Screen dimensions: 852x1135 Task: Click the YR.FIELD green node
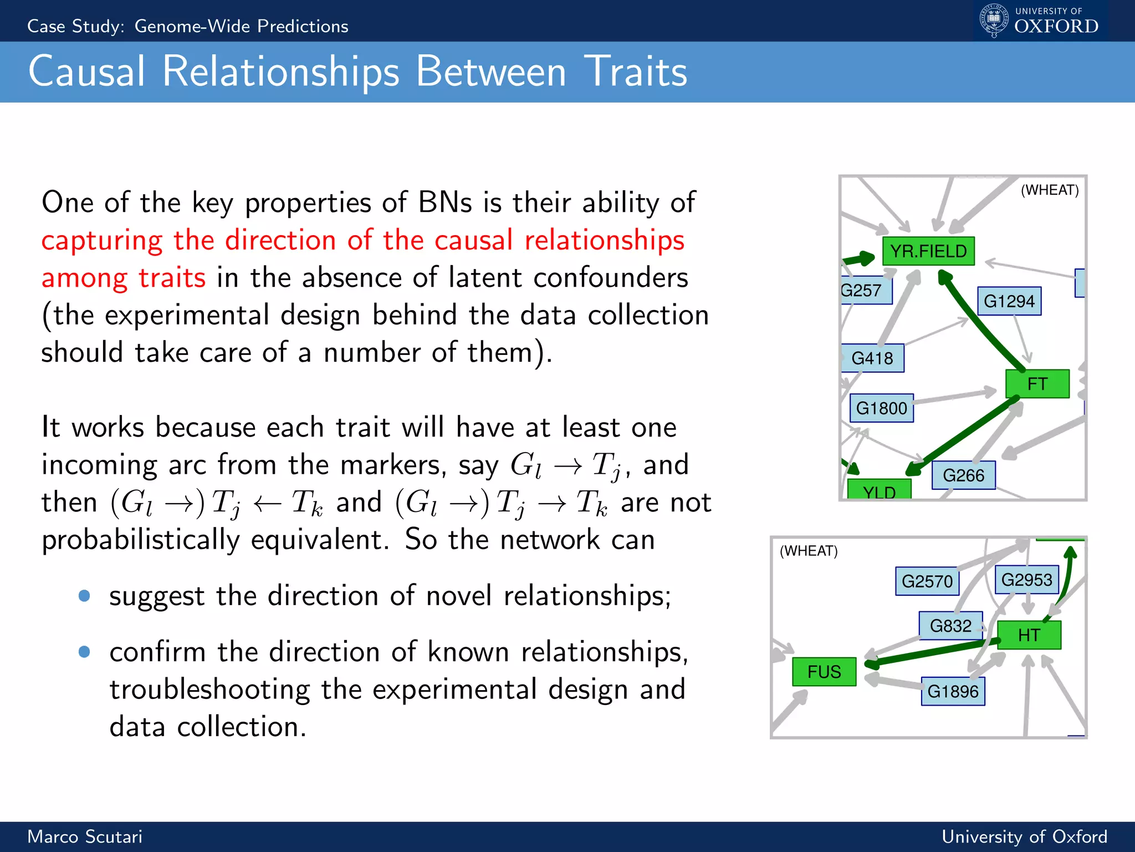tap(928, 251)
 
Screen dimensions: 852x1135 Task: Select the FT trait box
tap(1037, 384)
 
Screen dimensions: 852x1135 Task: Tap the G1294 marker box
tap(1009, 301)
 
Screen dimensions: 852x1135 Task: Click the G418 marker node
tap(872, 358)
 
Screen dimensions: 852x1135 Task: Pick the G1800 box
tap(881, 408)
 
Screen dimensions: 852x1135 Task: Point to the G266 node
tap(963, 475)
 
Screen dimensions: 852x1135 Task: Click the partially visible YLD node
tap(879, 490)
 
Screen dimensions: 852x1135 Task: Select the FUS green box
tap(824, 672)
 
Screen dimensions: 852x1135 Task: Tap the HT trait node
tap(1029, 635)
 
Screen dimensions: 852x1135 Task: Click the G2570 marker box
tap(927, 581)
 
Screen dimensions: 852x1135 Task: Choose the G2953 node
tap(1026, 580)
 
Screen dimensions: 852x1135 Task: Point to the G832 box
tap(950, 626)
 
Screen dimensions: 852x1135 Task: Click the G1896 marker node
tap(953, 691)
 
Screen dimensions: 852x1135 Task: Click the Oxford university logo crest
tap(994, 20)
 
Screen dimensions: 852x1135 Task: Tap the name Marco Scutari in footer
tap(85, 836)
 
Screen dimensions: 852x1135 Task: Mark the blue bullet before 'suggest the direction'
tap(84, 596)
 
